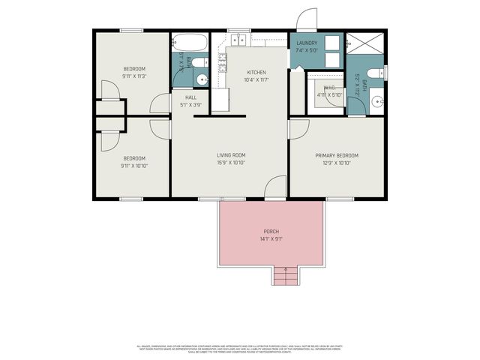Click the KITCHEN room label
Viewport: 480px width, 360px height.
click(256, 73)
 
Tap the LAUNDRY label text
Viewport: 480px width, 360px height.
click(307, 43)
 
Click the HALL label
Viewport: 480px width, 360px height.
click(190, 97)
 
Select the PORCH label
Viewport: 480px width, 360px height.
click(271, 231)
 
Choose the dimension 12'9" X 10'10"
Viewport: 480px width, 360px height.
click(336, 163)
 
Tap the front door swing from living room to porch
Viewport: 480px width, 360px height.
click(276, 187)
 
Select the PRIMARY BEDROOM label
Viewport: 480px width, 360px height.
click(336, 155)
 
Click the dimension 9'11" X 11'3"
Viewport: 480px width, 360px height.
click(134, 76)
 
